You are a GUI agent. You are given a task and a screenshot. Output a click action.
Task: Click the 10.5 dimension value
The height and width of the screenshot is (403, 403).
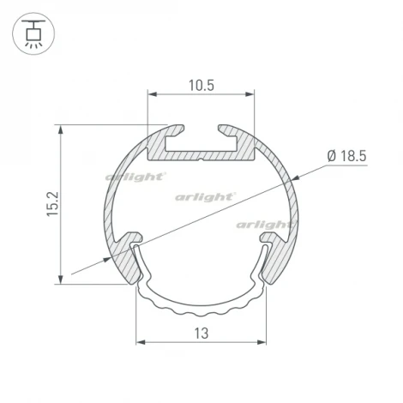[201, 85]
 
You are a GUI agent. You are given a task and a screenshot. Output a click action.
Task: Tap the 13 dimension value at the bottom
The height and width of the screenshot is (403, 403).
[201, 333]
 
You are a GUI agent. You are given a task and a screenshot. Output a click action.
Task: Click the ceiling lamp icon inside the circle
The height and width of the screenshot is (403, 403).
[33, 33]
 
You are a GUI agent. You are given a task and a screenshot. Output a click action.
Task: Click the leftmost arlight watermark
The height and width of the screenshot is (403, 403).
[135, 177]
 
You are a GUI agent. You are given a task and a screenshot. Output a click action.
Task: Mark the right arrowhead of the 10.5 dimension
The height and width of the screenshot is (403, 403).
[250, 96]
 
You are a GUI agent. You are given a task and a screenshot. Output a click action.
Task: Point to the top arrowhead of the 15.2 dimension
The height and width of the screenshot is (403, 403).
[61, 129]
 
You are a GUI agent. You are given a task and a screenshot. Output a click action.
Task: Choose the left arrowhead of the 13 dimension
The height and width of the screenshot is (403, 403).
[141, 341]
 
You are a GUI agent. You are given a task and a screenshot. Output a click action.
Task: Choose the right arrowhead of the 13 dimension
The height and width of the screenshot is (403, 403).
[262, 341]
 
